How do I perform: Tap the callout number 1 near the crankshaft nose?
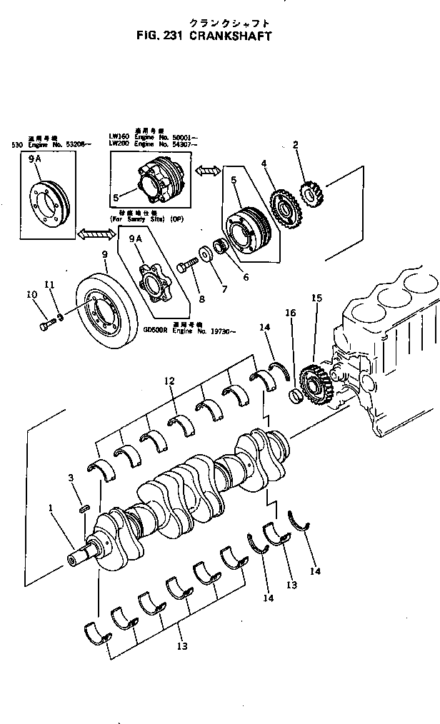[50, 508]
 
